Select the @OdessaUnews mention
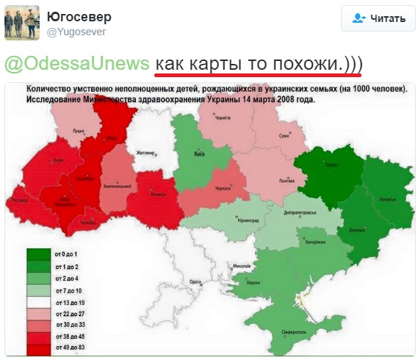coord(77,63)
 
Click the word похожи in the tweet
coord(305,63)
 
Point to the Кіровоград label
coord(248,220)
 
